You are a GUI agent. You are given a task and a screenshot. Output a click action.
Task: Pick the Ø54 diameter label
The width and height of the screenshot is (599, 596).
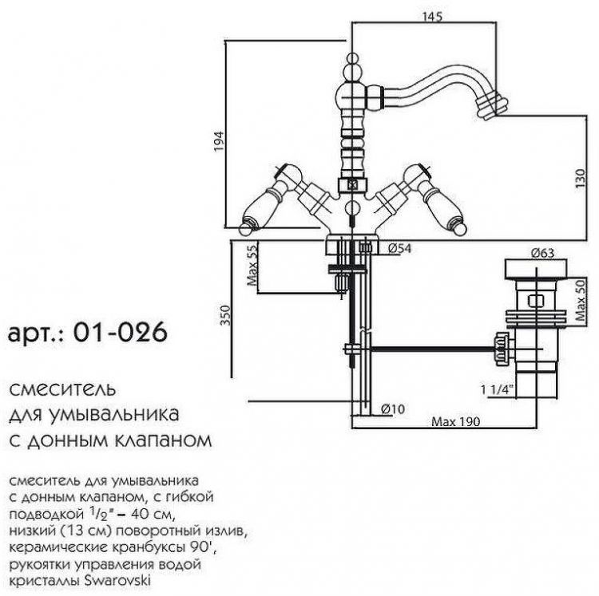click(x=399, y=249)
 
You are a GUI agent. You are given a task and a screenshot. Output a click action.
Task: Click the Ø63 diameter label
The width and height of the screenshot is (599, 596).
click(x=542, y=255)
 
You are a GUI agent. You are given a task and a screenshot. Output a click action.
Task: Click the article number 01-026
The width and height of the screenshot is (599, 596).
click(x=119, y=333)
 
